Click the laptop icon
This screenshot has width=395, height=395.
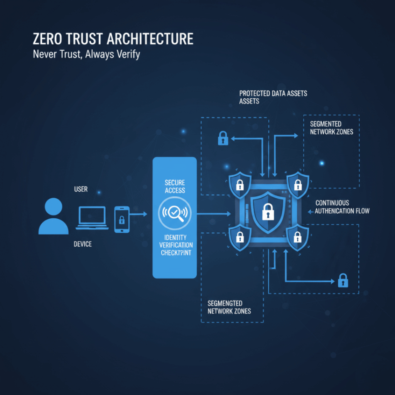(x=92, y=218)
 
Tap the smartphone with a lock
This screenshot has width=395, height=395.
(x=122, y=219)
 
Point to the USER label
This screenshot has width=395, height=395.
(x=81, y=189)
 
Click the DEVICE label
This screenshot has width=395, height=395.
(x=83, y=244)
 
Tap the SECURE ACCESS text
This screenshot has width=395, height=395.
(x=175, y=186)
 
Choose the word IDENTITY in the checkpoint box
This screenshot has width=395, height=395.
(x=175, y=237)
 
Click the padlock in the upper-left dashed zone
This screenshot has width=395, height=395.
(x=223, y=138)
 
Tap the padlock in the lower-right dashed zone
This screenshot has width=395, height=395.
(x=343, y=280)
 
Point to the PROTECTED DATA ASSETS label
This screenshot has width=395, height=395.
(x=273, y=93)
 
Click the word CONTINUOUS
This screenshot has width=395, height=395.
(x=332, y=203)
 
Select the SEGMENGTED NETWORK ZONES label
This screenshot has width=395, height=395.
(x=229, y=307)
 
